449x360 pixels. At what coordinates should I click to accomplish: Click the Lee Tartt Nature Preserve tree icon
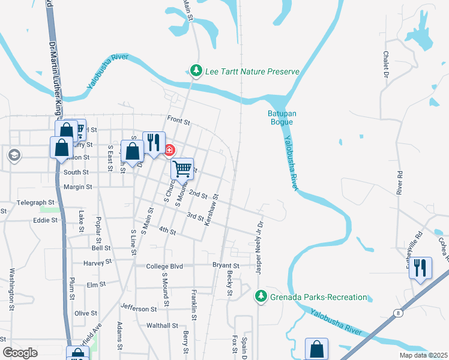click(195, 71)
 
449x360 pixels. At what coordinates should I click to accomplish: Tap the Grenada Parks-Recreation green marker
click(261, 296)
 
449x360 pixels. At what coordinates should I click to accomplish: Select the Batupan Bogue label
click(280, 118)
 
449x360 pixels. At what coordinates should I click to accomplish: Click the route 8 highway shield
click(397, 313)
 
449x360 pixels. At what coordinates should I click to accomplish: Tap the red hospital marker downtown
click(169, 149)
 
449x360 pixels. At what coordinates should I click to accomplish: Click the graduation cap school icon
click(13, 156)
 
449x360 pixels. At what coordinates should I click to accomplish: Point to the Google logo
click(20, 353)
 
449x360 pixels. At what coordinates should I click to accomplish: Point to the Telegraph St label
click(36, 203)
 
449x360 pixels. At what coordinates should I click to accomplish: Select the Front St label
click(178, 122)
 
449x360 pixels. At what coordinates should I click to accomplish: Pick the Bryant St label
click(226, 265)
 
